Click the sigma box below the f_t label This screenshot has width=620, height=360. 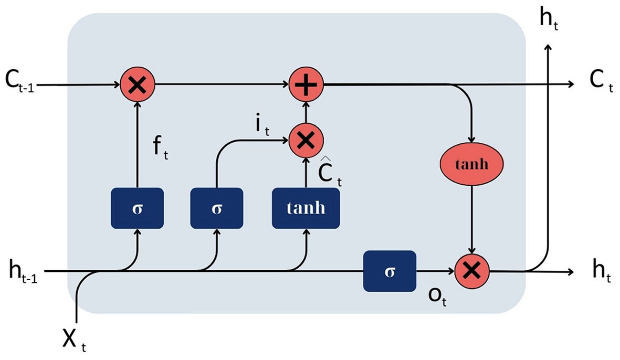[138, 207]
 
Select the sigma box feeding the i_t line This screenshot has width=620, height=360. [216, 207]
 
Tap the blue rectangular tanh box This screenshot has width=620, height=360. [306, 207]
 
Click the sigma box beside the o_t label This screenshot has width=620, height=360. [390, 271]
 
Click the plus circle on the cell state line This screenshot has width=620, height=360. [306, 84]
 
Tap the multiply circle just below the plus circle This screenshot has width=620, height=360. [306, 140]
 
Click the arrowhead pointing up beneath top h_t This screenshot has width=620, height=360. [549, 48]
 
